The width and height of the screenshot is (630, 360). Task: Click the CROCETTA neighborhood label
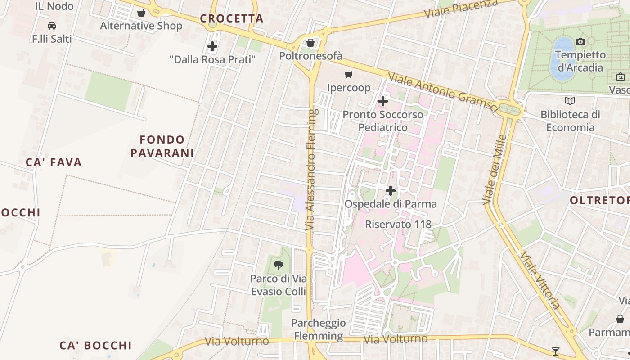tap(231, 18)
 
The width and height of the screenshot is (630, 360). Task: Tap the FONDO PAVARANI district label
tap(162, 146)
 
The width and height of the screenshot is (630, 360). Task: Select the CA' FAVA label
tap(54, 162)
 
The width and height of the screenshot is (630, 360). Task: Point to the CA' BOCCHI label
tap(96, 345)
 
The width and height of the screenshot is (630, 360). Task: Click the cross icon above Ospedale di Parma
tap(391, 191)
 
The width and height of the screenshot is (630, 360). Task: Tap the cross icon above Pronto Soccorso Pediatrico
tap(383, 101)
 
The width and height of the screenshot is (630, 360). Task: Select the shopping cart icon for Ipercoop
tap(349, 74)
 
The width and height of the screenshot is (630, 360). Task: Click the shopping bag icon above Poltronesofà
tap(310, 43)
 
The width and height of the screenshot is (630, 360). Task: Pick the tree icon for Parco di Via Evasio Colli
tap(279, 265)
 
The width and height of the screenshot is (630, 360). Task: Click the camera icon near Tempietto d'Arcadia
tap(580, 42)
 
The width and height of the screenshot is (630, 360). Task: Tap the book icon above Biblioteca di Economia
tap(570, 101)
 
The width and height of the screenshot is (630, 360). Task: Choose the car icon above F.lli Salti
tap(52, 26)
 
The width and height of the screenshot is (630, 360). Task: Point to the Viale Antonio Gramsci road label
tap(443, 93)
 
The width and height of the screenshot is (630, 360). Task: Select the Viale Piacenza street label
tap(461, 9)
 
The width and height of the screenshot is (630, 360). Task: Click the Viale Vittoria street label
tap(540, 280)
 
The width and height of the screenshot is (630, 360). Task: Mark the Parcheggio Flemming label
tap(319, 329)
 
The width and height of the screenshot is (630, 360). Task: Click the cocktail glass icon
tap(556, 351)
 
